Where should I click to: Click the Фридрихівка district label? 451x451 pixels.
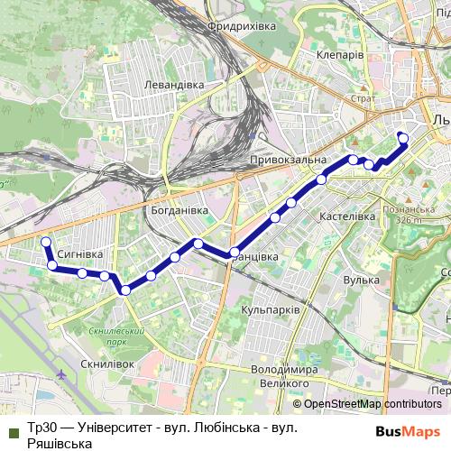pos(241,27)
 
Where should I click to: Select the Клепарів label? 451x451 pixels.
pos(340,55)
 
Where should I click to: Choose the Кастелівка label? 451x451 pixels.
pos(347,217)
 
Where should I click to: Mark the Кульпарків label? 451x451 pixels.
pos(270,309)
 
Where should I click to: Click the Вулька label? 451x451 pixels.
pos(336,281)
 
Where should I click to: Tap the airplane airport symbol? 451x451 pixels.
pos(60,374)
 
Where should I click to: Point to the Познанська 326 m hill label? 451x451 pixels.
pos(408,213)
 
